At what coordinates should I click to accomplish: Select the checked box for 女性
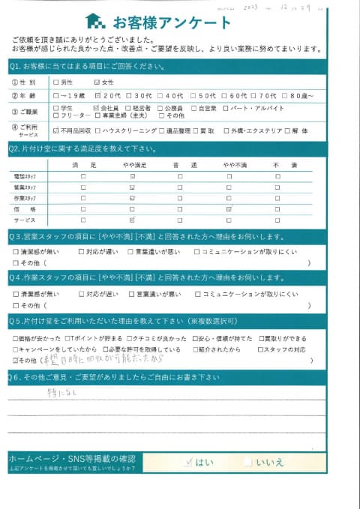[97, 82]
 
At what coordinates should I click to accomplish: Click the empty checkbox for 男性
[56, 82]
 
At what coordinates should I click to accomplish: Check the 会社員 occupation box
[97, 108]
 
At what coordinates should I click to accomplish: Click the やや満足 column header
[131, 164]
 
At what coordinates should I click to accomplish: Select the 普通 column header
[180, 164]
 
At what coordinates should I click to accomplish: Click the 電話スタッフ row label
[25, 176]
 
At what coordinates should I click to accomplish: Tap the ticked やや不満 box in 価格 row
[229, 209]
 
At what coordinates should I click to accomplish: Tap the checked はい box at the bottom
[189, 463]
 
